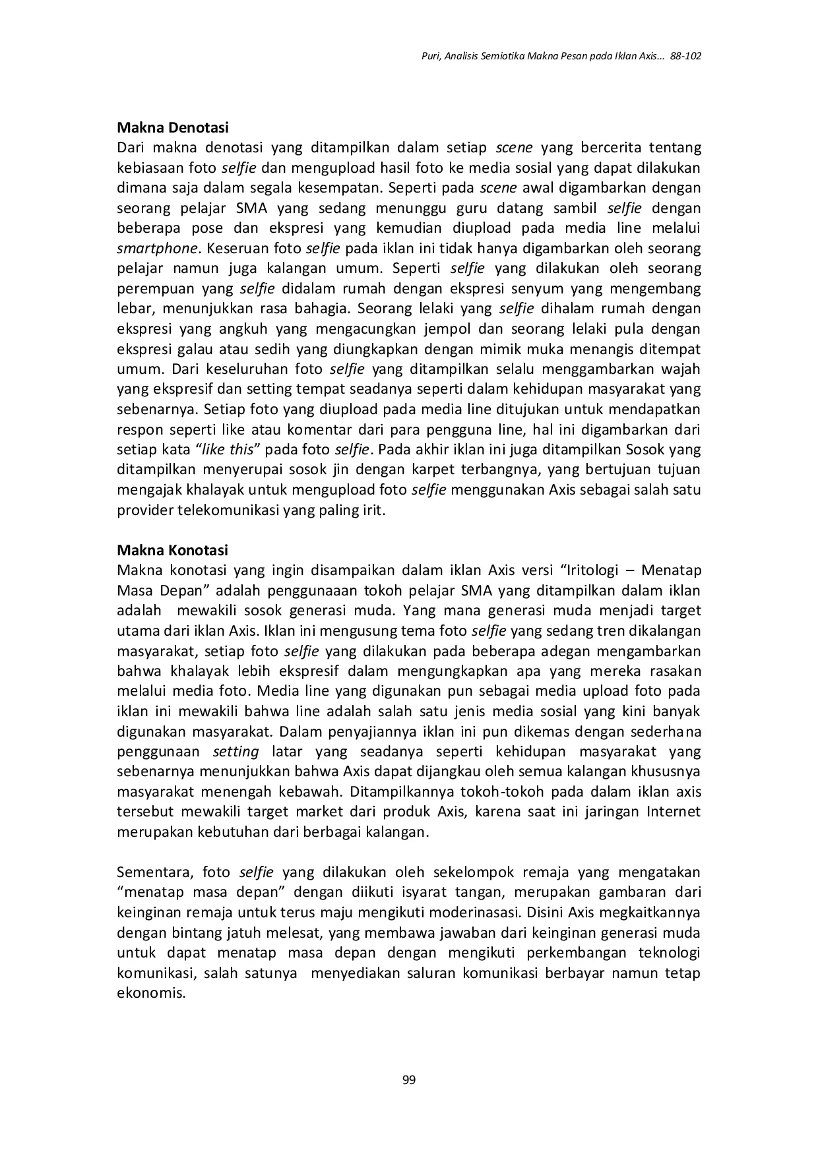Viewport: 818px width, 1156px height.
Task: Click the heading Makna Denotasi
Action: pos(172,127)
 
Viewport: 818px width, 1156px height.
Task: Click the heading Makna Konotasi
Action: pos(172,550)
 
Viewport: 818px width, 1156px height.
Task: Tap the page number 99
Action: pos(408,1080)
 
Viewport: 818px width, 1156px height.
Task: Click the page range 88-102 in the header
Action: pos(685,56)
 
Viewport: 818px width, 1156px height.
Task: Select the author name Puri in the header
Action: pos(430,56)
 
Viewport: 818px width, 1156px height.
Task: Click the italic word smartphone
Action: pos(157,249)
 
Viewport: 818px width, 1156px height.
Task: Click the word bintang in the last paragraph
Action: pos(177,933)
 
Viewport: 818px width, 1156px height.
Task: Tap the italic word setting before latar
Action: pos(236,752)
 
